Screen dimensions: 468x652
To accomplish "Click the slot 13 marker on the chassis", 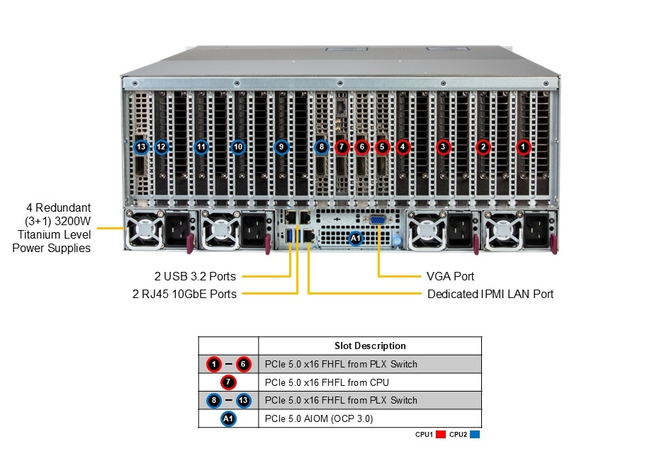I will pos(141,147).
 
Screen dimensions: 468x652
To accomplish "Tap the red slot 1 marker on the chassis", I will pos(523,147).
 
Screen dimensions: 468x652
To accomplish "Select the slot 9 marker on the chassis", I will pos(281,147).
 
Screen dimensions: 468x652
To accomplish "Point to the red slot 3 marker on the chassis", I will pos(444,147).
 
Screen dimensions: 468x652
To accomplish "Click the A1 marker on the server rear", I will pos(356,239).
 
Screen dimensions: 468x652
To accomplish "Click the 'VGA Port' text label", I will pos(450,276).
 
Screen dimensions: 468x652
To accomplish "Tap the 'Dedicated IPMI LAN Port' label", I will pos(490,294).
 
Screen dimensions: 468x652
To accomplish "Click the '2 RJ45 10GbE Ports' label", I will pos(184,294).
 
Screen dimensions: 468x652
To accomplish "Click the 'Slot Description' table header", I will pos(370,346).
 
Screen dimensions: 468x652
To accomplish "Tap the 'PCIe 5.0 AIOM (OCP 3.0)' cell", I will pos(319,418).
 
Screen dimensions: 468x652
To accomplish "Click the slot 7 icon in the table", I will pos(228,382).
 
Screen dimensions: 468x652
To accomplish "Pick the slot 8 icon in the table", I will pos(213,400).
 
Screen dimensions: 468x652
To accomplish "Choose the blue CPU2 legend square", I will pos(474,434).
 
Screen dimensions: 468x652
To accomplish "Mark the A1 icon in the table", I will pos(228,418).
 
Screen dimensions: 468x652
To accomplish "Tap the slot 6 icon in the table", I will pos(244,364).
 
